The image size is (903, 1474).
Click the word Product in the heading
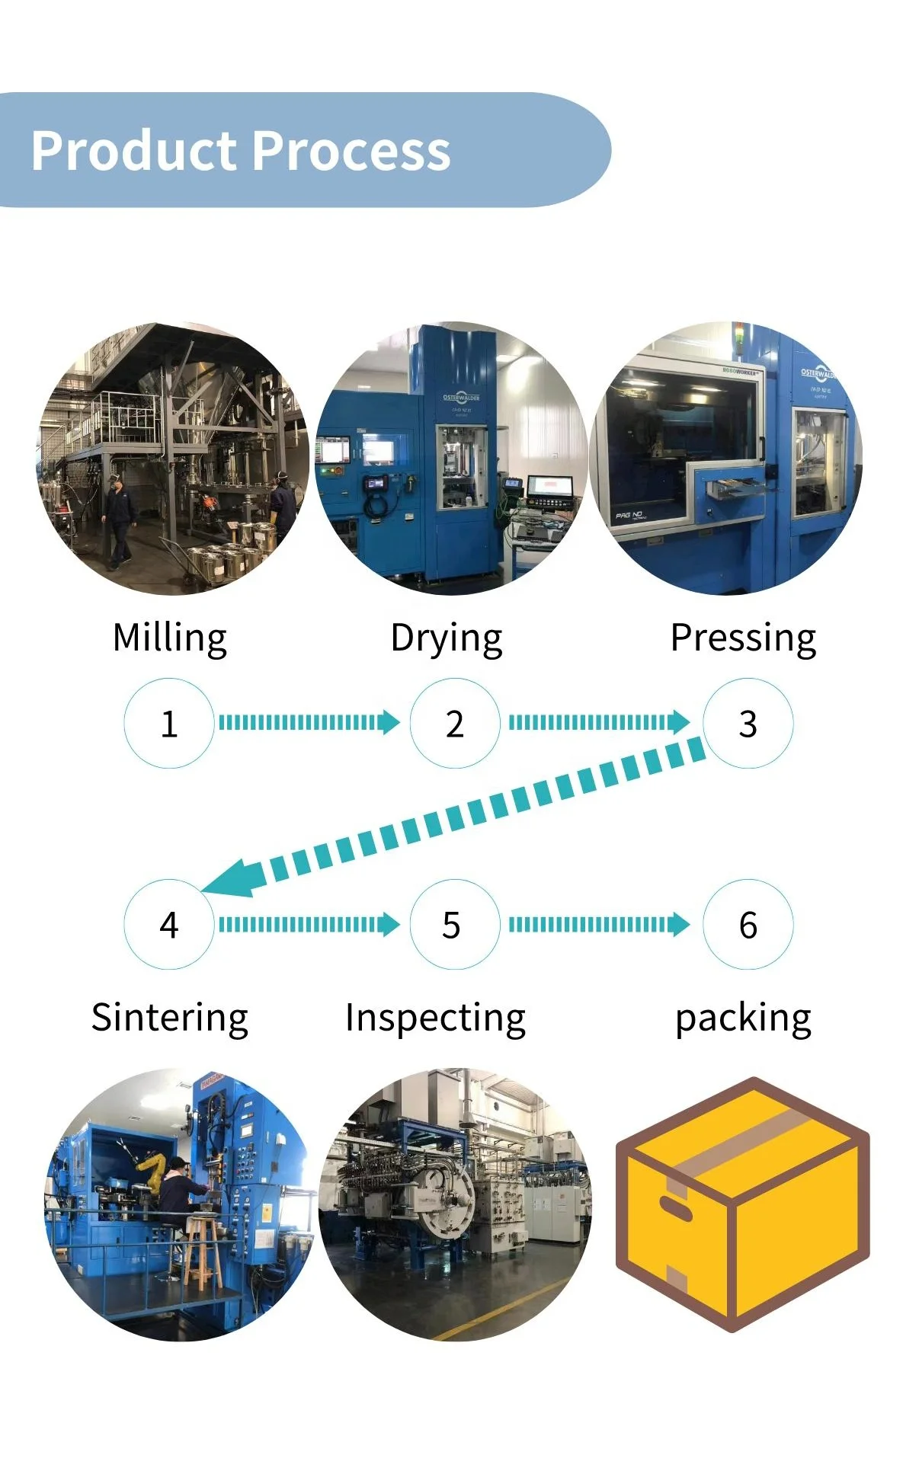tap(134, 150)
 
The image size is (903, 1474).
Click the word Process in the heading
tap(351, 150)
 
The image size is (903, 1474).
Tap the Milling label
tap(169, 638)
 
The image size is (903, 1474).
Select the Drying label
tap(447, 638)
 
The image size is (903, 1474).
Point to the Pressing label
tap(743, 638)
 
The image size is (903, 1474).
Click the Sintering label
tap(170, 1018)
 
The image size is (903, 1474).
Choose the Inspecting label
tap(435, 1018)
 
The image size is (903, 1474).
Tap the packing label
tap(743, 1018)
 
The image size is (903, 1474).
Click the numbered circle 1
tap(169, 723)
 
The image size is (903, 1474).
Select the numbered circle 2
tap(455, 723)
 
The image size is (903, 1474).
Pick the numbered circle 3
tap(748, 723)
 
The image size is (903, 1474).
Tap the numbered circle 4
tap(169, 924)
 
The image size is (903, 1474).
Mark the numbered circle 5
tap(455, 924)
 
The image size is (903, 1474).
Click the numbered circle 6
tap(748, 924)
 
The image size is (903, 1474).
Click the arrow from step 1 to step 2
tap(309, 721)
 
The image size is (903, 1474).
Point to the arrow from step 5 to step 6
tap(599, 924)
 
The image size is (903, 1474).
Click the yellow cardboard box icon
tap(742, 1204)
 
